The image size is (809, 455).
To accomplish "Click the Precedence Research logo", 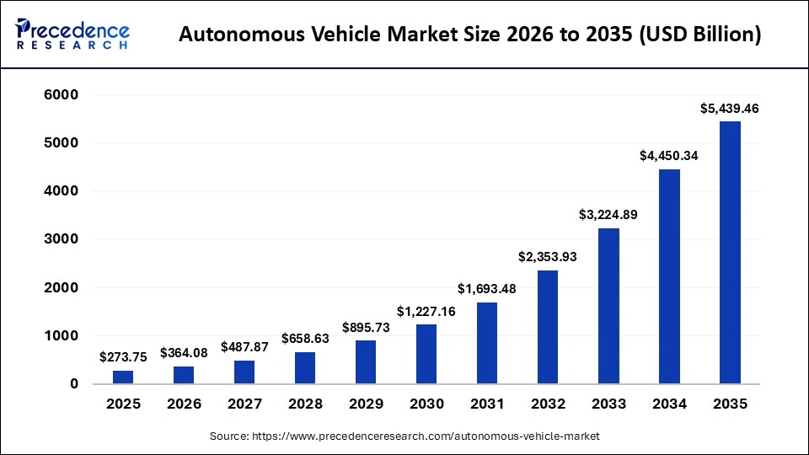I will (x=72, y=34).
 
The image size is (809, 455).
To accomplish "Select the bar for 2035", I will (x=730, y=253).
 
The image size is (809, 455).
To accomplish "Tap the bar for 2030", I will (x=426, y=354).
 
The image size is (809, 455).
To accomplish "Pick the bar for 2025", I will (x=123, y=377).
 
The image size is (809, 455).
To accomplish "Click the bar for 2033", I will (x=608, y=306).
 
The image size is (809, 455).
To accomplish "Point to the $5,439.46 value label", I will (x=730, y=109).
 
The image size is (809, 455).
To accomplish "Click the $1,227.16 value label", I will (x=426, y=311).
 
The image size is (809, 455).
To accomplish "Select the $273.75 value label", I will (x=123, y=357).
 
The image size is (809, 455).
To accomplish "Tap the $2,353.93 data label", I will (x=548, y=257).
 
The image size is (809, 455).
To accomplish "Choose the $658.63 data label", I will (x=305, y=339).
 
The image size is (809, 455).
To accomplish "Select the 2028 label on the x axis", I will (x=305, y=404).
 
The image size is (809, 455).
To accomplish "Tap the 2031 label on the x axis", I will (x=487, y=404).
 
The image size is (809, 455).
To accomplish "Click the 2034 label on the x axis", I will (x=669, y=404).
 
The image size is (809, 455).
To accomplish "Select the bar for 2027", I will (x=244, y=372).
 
